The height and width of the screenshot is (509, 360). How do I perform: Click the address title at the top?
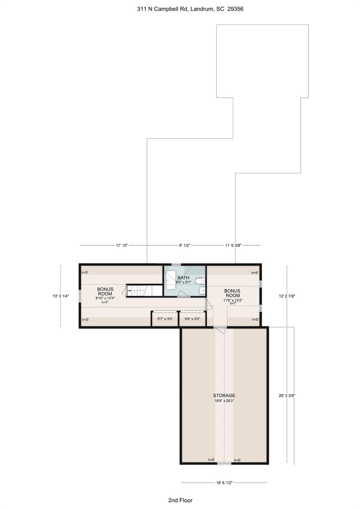coord(190,9)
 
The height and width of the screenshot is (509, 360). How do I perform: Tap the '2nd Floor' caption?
coord(180,500)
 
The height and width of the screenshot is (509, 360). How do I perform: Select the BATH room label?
coord(183,278)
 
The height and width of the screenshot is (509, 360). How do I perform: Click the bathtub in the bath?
coord(171,280)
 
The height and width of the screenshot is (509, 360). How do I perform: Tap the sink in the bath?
coord(202,291)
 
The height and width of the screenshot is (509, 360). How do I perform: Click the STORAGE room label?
coord(224,395)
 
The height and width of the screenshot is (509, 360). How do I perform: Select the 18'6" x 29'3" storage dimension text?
coord(224,401)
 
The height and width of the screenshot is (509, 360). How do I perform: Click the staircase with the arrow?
coord(139,291)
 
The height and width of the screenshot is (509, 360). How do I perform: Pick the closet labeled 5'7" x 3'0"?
coord(165,319)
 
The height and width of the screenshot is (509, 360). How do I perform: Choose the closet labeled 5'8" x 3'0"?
coord(192,319)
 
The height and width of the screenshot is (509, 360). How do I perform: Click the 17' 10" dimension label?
coord(122,246)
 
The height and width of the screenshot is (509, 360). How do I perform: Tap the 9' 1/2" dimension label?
coord(184,246)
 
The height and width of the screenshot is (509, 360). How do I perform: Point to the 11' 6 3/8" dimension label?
coord(233,246)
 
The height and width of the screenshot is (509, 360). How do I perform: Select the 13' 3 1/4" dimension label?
coord(61,296)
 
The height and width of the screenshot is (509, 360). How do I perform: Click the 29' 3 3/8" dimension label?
coord(287,395)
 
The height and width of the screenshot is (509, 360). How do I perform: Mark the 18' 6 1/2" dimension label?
coord(224,483)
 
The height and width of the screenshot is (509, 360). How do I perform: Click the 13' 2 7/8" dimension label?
coord(287,296)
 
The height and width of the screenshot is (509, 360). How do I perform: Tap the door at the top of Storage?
coord(220,329)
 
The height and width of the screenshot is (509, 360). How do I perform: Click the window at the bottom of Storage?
coord(224,463)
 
